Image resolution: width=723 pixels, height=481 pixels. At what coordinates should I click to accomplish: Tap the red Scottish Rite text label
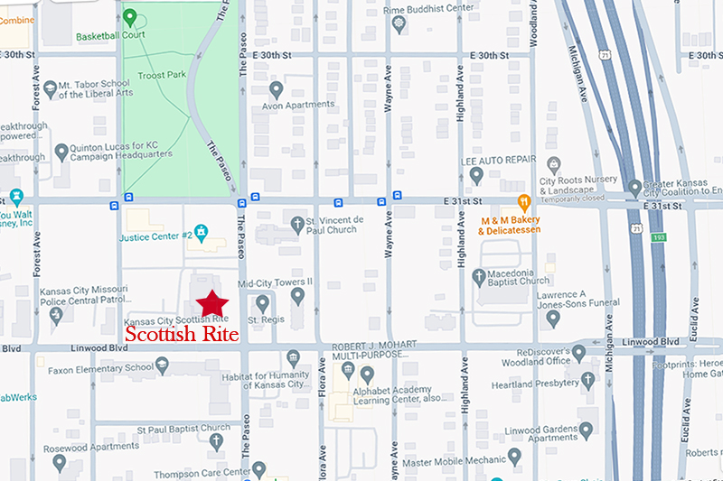(x=182, y=335)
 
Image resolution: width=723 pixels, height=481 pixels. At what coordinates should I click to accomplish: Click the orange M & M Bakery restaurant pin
(x=522, y=202)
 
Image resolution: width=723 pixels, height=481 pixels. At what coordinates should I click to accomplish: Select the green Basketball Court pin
(x=129, y=17)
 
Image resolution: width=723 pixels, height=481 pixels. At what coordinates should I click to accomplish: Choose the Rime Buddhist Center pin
(x=399, y=23)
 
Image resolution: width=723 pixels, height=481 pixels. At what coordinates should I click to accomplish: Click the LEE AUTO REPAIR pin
(x=477, y=174)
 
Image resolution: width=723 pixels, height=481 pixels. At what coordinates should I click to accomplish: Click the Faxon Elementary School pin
(x=163, y=365)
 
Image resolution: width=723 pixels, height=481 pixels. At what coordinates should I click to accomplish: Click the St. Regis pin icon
(x=262, y=303)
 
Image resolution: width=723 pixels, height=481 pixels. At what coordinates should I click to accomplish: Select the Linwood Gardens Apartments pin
(x=586, y=430)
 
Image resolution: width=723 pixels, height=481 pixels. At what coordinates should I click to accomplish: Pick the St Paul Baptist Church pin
(x=215, y=442)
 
